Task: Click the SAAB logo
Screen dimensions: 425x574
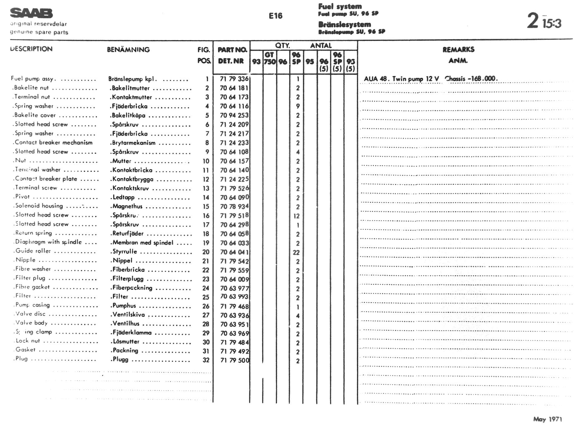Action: tap(31, 13)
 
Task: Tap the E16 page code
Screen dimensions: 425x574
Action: tap(275, 16)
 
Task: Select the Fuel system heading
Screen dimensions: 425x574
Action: tap(340, 6)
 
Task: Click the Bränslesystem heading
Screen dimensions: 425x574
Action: tap(344, 24)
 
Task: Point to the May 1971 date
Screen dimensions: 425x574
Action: tap(547, 419)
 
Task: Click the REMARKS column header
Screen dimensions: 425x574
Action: tap(458, 49)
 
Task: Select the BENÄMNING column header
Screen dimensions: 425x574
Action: tap(128, 49)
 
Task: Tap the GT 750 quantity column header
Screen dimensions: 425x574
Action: tap(270, 58)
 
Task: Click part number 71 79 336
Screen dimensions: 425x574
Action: tap(234, 79)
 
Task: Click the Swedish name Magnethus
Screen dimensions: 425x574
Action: tap(127, 206)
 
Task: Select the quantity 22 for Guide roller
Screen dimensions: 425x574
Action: tap(296, 252)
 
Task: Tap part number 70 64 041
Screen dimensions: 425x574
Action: tap(234, 252)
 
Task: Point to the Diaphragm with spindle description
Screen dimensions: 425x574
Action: tap(48, 242)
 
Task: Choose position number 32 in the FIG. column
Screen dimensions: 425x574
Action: tap(206, 360)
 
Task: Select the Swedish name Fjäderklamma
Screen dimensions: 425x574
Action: tap(132, 333)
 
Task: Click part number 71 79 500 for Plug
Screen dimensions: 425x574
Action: tap(235, 360)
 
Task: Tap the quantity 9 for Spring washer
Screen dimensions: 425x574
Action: tap(298, 106)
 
